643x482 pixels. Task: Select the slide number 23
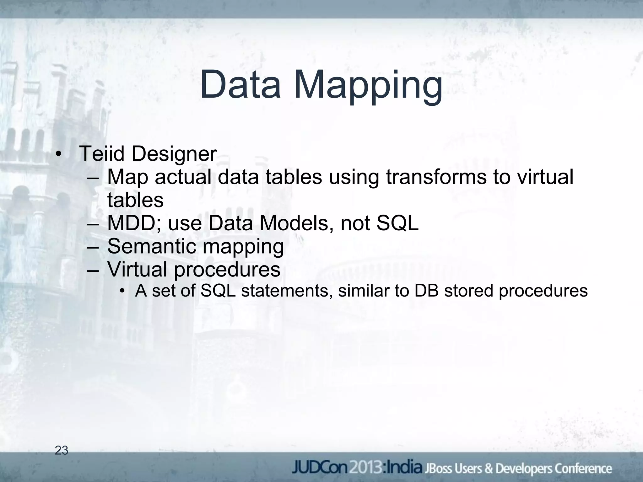(x=62, y=451)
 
